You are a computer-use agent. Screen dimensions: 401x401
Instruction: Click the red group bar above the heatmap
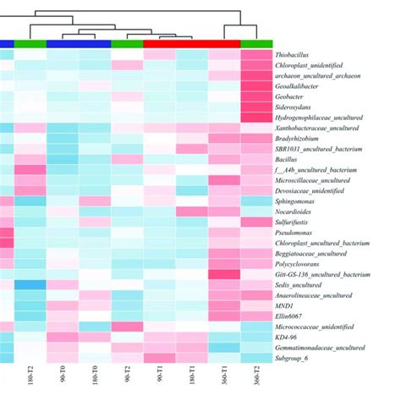192,43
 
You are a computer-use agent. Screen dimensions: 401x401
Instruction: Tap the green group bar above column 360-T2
256,43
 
